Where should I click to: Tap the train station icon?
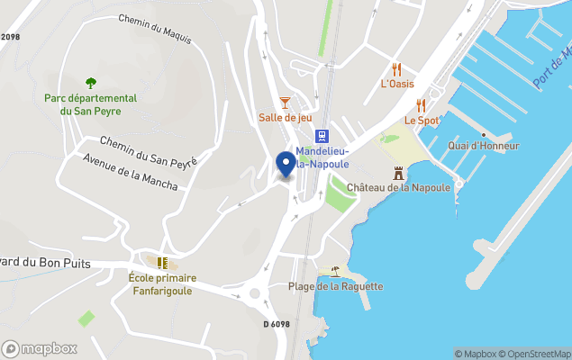[x=321, y=136]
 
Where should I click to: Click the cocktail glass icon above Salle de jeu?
[x=285, y=102]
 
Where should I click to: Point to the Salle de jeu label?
[x=285, y=117]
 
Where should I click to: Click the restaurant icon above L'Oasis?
[x=397, y=69]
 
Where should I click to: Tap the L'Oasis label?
[x=397, y=85]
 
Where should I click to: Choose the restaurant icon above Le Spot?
[x=421, y=105]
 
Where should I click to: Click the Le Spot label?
[x=422, y=120]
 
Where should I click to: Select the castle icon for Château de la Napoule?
[x=399, y=173]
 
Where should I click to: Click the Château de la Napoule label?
[x=399, y=187]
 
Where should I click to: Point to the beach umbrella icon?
[x=335, y=271]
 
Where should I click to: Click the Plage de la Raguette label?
[x=335, y=286]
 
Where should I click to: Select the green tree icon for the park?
[x=90, y=83]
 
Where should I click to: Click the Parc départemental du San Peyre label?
[x=91, y=104]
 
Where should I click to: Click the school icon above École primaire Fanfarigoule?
[x=163, y=262]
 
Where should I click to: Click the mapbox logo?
[x=40, y=348]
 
